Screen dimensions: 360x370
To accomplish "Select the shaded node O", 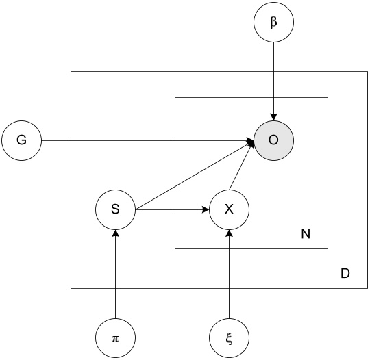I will (x=274, y=141).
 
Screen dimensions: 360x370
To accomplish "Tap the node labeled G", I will (x=21, y=141).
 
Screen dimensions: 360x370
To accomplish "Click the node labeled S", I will (x=116, y=209).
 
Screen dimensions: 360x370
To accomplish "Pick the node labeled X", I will (x=230, y=209).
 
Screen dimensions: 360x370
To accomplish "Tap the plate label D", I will (x=345, y=274).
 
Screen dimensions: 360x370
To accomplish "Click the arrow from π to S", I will (x=116, y=274).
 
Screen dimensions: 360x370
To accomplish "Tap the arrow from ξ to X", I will (x=230, y=274).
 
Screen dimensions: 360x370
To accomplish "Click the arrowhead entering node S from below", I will (x=116, y=233).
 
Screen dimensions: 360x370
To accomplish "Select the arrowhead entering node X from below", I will (x=230, y=233).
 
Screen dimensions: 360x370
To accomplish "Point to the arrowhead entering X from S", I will (x=205, y=209).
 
